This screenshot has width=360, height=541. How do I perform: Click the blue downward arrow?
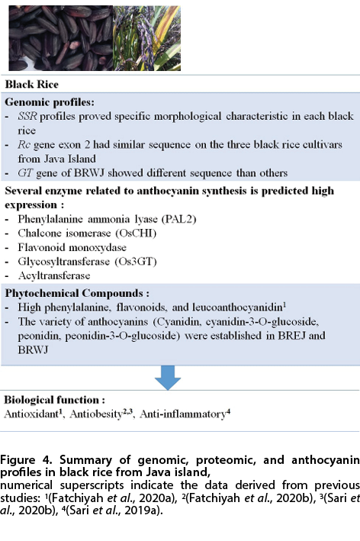click(168, 378)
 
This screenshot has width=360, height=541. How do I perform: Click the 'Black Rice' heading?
click(32, 84)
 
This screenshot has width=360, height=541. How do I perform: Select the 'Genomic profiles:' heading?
click(50, 102)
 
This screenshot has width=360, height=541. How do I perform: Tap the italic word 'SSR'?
click(27, 116)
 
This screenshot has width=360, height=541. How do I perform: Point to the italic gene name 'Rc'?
click(24, 144)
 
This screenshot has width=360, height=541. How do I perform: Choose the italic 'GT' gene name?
click(25, 172)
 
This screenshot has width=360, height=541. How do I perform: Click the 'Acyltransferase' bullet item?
click(54, 275)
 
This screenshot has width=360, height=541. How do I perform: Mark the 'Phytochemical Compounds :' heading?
click(77, 293)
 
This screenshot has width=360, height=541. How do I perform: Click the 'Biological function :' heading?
click(54, 400)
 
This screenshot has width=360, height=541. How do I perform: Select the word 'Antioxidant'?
click(31, 414)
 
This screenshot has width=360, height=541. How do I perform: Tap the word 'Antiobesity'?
click(96, 414)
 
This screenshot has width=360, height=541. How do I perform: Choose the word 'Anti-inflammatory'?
click(183, 414)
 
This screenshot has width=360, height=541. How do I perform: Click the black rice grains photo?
click(61, 38)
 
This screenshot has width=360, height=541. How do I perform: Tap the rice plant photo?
click(147, 38)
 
